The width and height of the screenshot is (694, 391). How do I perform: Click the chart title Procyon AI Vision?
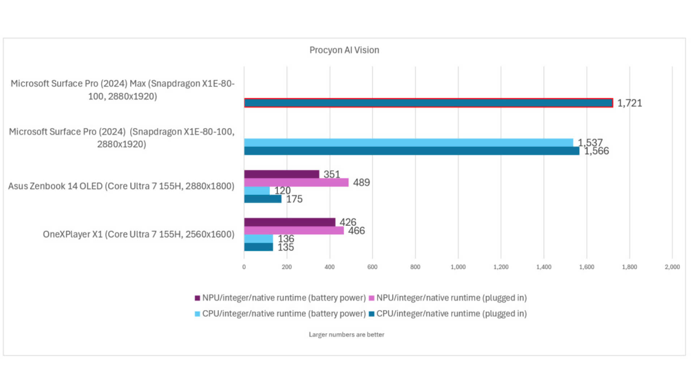[x=344, y=50]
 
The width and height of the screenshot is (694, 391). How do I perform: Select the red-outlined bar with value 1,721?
[x=428, y=103]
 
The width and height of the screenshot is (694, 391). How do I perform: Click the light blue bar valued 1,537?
[x=408, y=143]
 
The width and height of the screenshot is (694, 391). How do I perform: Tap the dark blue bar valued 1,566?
[x=411, y=151]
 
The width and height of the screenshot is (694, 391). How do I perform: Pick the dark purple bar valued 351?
[x=282, y=174]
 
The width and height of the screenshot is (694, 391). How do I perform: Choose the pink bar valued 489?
[x=296, y=182]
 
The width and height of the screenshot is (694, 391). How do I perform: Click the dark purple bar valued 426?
[x=290, y=222]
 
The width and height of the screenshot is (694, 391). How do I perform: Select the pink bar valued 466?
[x=294, y=230]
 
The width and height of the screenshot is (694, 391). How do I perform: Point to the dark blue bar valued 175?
[x=263, y=199]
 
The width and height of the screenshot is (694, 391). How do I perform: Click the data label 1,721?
[x=629, y=103]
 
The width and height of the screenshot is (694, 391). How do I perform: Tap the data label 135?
[x=286, y=247]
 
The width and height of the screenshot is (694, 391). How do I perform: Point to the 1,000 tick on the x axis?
[x=458, y=267]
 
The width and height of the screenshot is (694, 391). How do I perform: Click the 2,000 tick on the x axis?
[x=672, y=267]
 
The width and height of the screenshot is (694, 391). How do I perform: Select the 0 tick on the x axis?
[x=244, y=267]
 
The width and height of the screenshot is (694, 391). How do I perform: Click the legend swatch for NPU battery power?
[x=197, y=298]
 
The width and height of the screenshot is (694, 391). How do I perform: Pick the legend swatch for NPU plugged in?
[x=371, y=298]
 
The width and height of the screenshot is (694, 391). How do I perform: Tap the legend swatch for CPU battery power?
[x=197, y=314]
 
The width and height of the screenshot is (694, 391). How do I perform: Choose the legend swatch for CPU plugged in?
[x=371, y=314]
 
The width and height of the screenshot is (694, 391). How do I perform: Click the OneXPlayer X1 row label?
[x=138, y=234]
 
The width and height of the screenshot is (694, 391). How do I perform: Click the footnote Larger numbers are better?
[x=346, y=335]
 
